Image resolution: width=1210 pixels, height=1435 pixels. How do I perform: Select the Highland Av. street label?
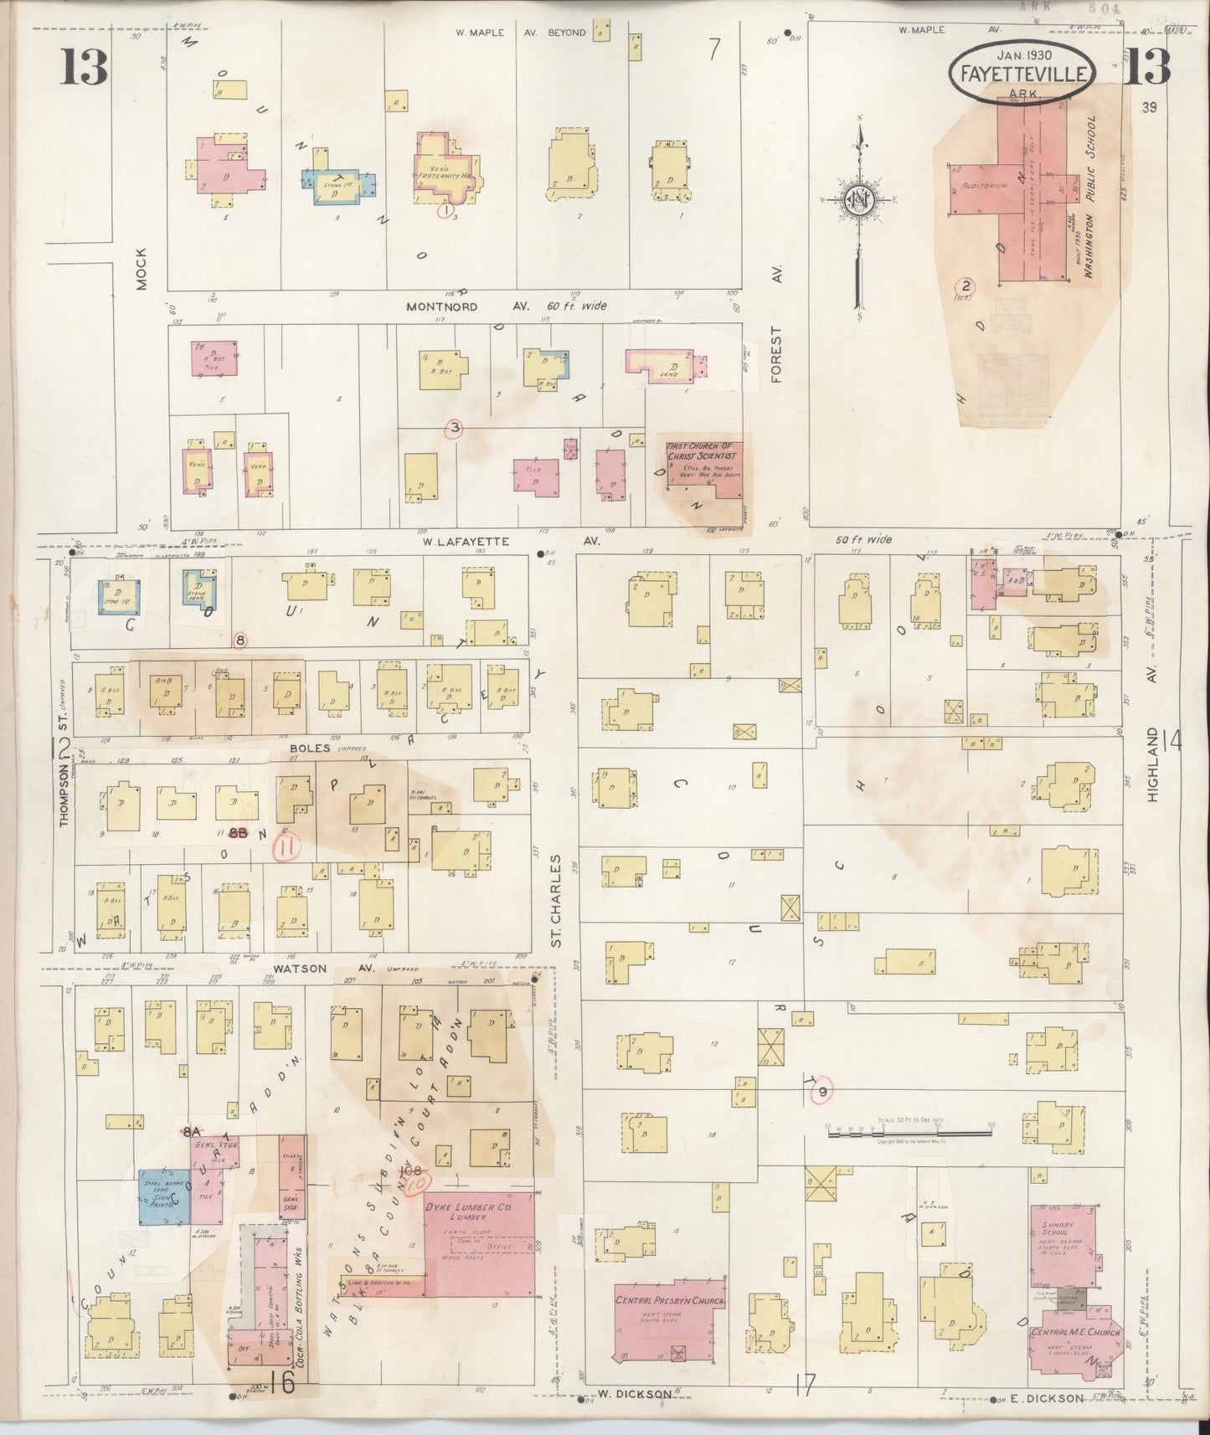(1153, 764)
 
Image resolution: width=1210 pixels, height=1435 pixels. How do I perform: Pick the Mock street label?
(141, 268)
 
